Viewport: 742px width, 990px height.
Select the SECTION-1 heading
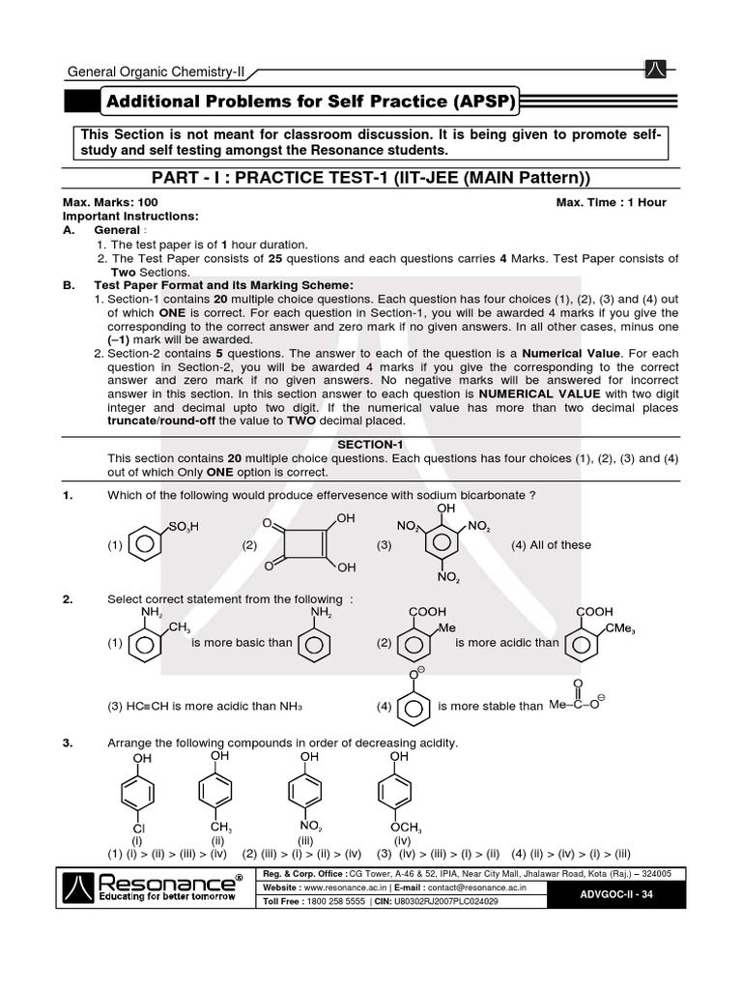click(x=370, y=444)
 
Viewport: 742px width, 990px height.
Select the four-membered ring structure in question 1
click(x=300, y=542)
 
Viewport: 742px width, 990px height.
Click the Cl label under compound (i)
click(x=138, y=830)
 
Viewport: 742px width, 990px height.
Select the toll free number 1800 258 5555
click(x=338, y=901)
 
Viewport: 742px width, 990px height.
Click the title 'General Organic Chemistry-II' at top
click(x=156, y=72)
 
